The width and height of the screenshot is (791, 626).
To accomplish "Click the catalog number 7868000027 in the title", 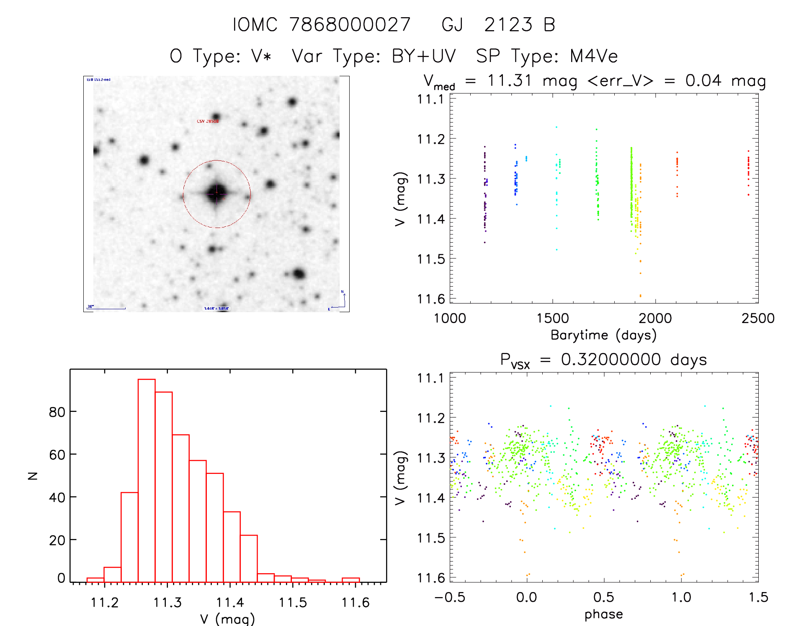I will point(350,25).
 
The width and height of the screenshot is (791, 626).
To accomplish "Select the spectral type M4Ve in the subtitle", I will point(594,56).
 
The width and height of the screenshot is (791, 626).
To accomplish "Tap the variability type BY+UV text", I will point(424,56).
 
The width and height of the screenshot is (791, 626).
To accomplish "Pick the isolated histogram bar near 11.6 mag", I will point(350,579).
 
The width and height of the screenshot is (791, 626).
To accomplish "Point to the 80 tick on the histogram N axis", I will point(57,412).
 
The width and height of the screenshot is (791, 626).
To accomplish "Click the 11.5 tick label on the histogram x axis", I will point(293,603).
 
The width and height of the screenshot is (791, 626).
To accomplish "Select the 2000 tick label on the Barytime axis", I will point(655,318).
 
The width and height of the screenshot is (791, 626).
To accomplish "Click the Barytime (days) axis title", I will point(603,335).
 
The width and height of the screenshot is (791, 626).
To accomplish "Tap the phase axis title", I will point(603,614).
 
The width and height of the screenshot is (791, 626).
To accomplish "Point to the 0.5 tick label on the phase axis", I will point(604,597).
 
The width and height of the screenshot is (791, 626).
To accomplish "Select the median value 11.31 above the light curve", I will point(510,80).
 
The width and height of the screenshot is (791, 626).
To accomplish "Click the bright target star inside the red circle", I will point(216,194).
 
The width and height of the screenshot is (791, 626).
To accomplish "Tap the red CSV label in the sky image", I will point(208,121).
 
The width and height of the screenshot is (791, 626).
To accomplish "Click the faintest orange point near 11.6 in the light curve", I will point(640,296).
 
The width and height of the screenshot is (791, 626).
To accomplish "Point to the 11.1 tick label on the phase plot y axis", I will point(430,378).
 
